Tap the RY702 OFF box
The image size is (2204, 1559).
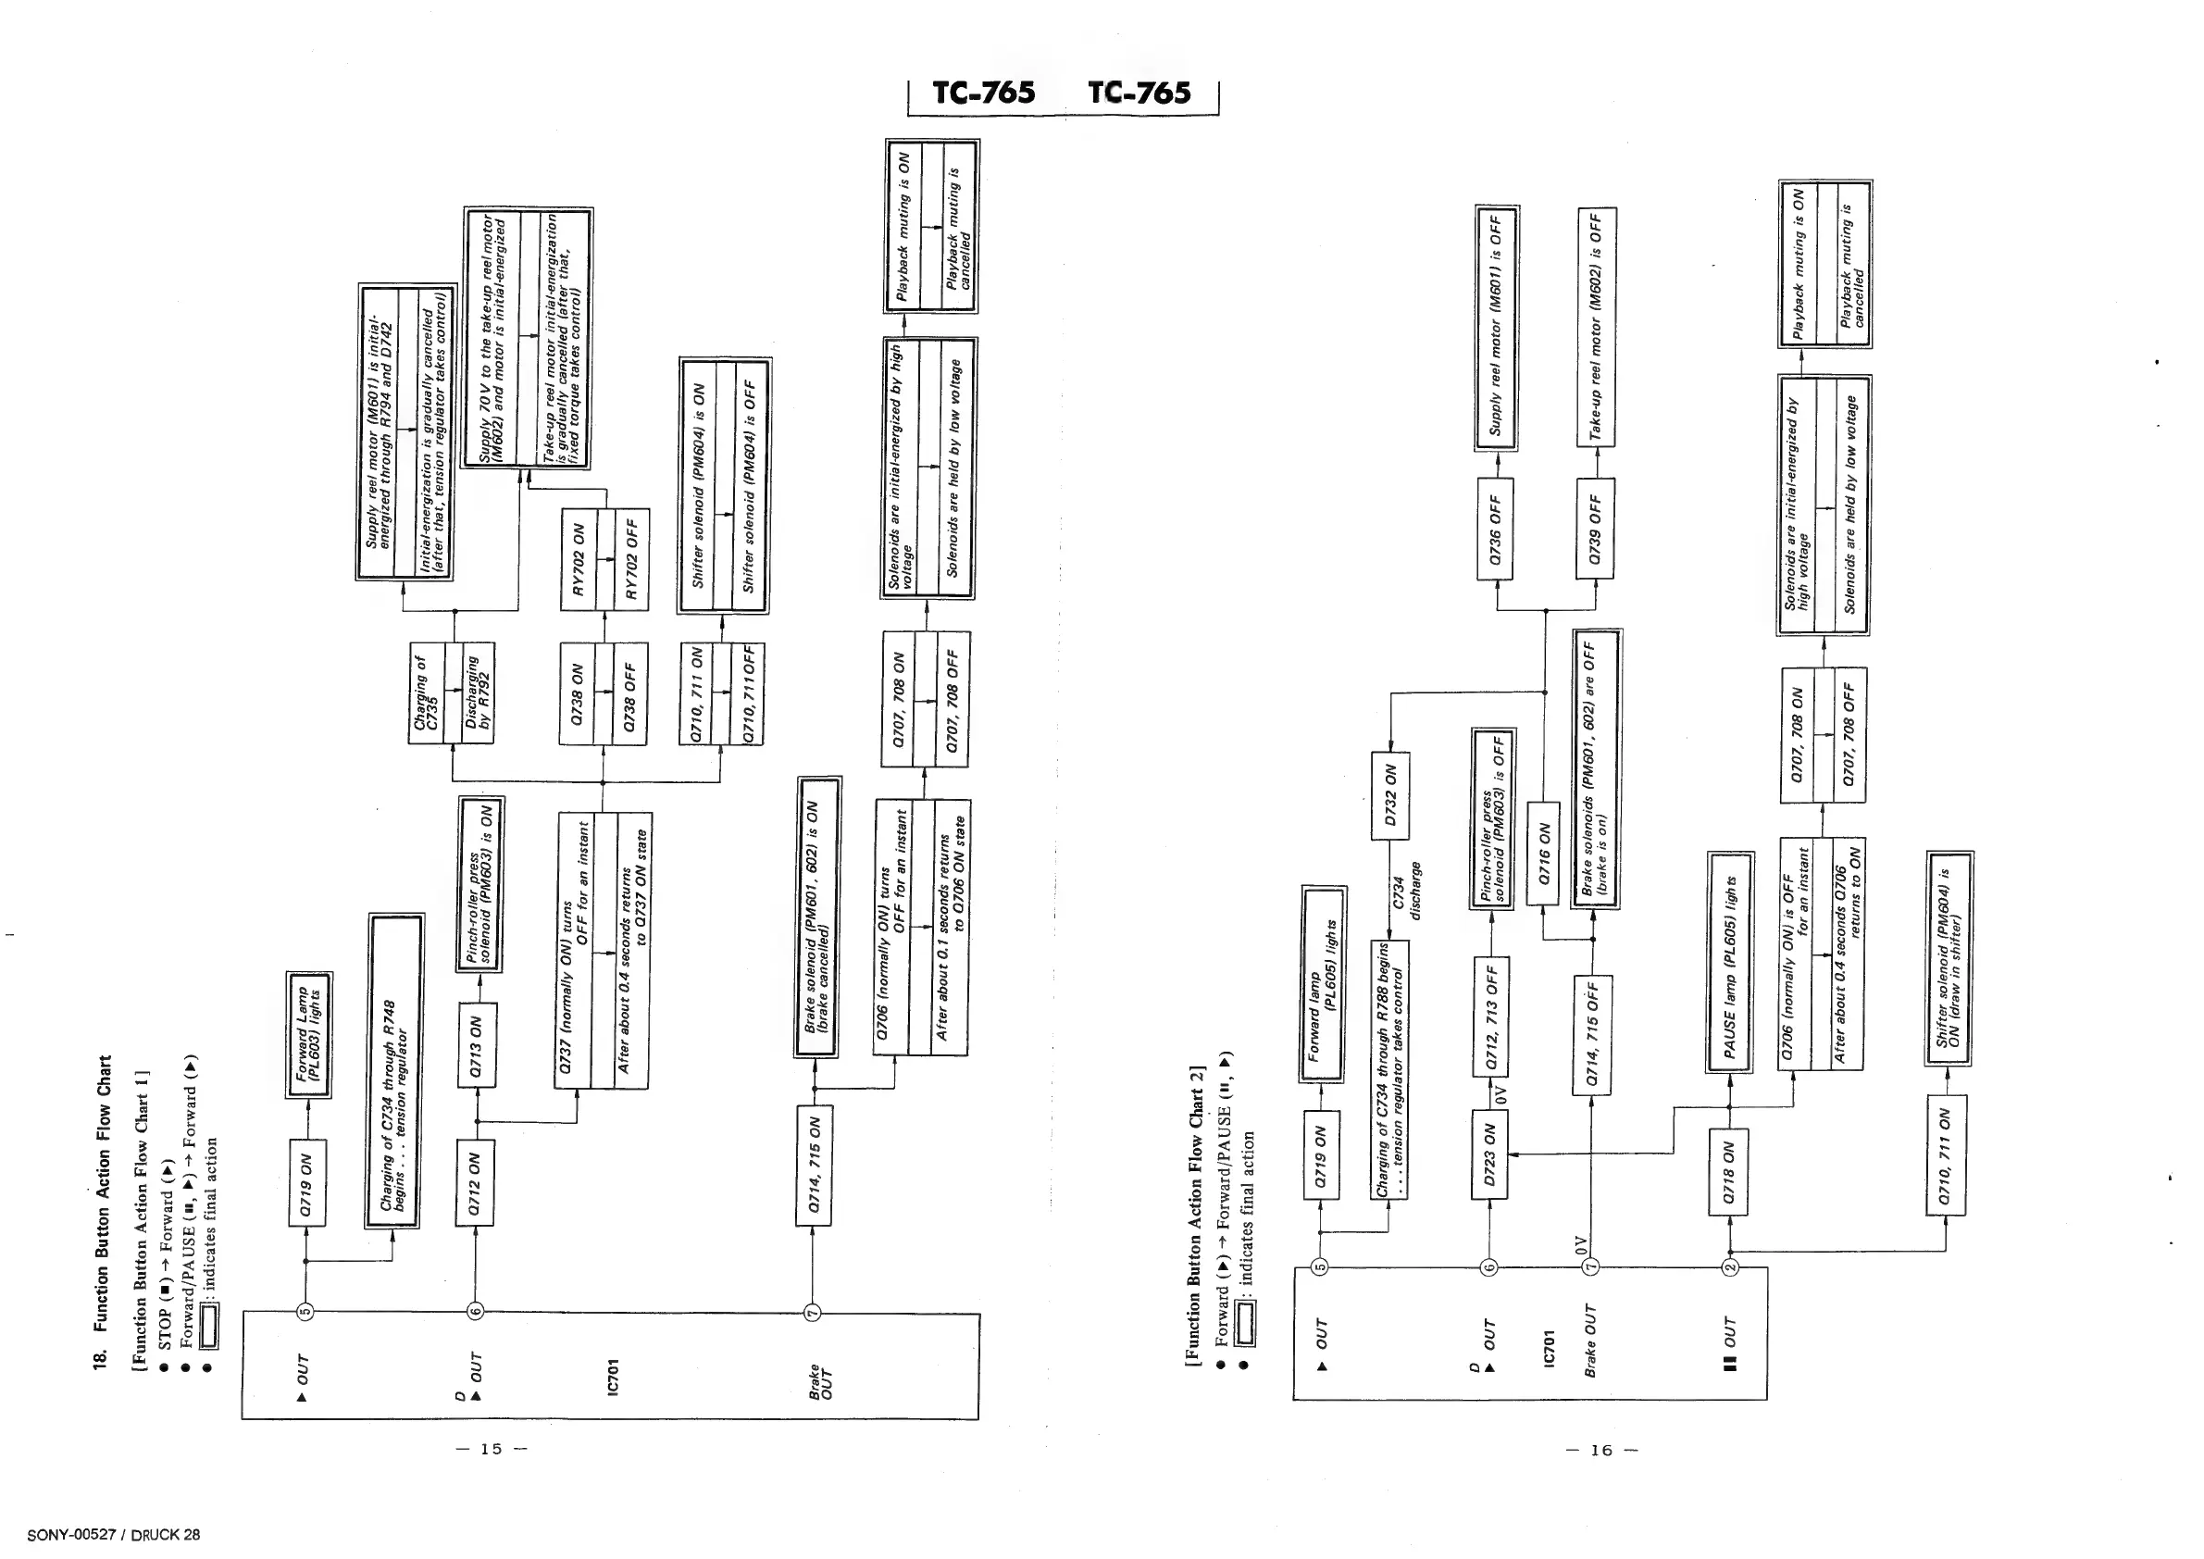(630, 560)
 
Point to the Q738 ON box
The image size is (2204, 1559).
(576, 693)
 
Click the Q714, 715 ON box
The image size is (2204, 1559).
(813, 1165)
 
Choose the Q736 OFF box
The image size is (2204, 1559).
(1495, 529)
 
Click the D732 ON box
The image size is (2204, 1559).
(1390, 796)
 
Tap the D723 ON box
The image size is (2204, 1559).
(1488, 1154)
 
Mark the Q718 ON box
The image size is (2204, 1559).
(1728, 1172)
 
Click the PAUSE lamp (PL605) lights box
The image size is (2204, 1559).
(1730, 963)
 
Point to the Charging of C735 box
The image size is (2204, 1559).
(426, 693)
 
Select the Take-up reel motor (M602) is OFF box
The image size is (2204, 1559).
(1596, 328)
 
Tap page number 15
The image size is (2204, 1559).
(492, 1449)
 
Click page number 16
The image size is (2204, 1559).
(1600, 1450)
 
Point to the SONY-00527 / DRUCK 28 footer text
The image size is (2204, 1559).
(114, 1534)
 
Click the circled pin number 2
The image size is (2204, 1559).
(1730, 1266)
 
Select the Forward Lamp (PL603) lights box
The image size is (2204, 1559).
(309, 1034)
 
